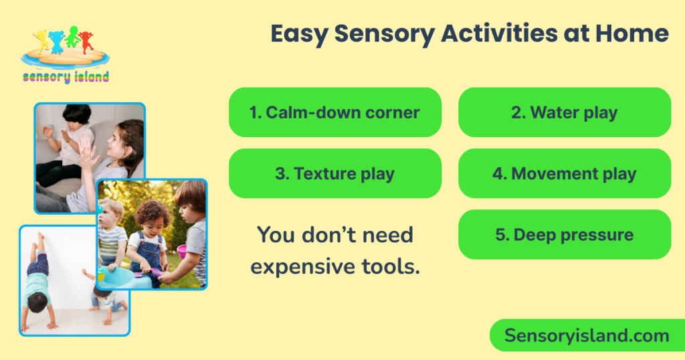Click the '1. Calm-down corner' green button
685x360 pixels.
pos(334,112)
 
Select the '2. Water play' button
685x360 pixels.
pos(564,112)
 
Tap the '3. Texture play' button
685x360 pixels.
pos(334,174)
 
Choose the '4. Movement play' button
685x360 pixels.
pos(564,174)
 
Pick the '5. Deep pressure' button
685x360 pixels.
pos(564,235)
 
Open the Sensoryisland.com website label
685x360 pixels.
pos(587,335)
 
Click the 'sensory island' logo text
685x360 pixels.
pos(65,77)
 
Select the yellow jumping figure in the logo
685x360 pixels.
pos(41,40)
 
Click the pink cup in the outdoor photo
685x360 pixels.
pos(181,251)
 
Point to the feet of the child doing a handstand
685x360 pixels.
pos(39,238)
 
